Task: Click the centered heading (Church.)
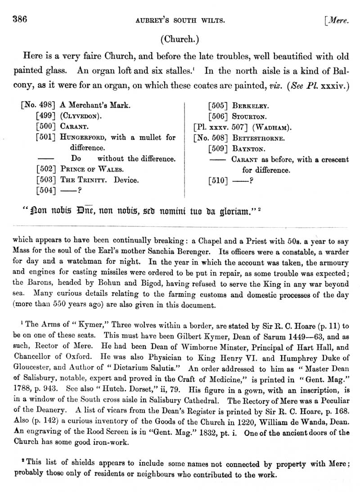pos(180,39)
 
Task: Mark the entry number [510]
pos(219,181)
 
